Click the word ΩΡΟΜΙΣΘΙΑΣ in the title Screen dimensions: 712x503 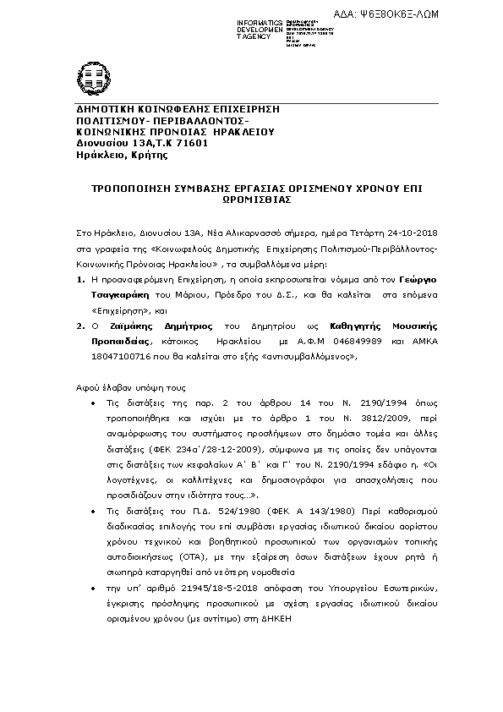click(251, 203)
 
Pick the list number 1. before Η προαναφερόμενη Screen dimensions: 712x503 click(80, 278)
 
